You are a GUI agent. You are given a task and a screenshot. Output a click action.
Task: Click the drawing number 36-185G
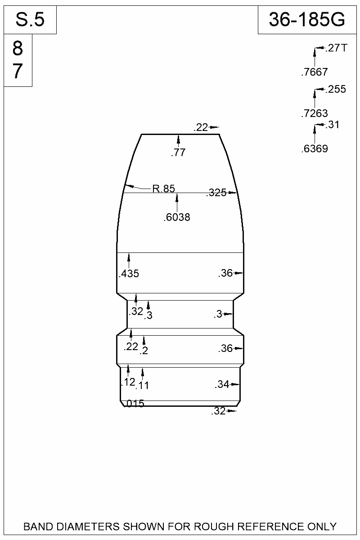(307, 20)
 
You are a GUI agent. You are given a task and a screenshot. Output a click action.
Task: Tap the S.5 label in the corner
(30, 20)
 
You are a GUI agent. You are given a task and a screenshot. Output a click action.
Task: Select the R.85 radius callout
(163, 189)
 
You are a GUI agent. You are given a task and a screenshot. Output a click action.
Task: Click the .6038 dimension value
(177, 218)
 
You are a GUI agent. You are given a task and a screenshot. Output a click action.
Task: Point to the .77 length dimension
(178, 153)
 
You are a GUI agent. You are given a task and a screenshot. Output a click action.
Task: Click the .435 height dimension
(129, 274)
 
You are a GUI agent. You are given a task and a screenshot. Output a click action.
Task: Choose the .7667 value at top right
(315, 72)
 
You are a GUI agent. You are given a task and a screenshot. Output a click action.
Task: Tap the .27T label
(336, 48)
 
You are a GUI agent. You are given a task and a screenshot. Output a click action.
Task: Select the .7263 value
(315, 113)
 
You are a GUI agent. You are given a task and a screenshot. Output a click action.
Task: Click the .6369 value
(315, 149)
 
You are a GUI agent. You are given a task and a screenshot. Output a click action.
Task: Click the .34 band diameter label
(222, 384)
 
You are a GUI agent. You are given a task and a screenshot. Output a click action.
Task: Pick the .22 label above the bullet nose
(201, 128)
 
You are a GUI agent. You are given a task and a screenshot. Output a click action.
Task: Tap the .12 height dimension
(128, 382)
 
